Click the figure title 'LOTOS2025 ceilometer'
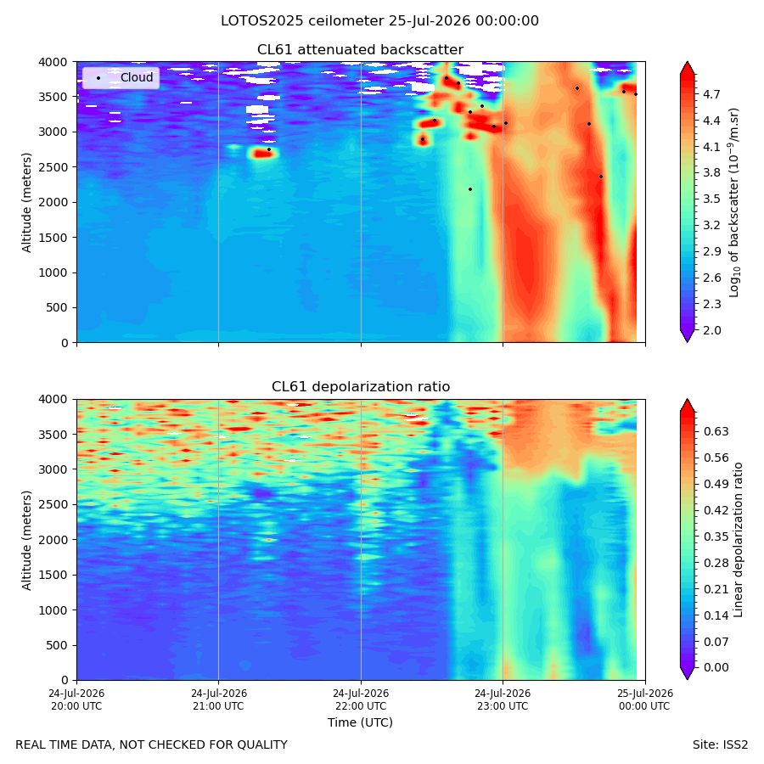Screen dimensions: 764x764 pyautogui.click(x=302, y=21)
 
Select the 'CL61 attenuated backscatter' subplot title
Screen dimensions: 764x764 pyautogui.click(x=360, y=50)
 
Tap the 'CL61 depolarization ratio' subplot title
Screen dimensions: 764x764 pyautogui.click(x=361, y=386)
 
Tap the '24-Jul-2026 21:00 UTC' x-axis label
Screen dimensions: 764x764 pyautogui.click(x=219, y=699)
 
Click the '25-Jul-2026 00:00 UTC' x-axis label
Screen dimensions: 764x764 pyautogui.click(x=646, y=699)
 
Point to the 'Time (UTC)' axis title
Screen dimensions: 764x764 pyautogui.click(x=360, y=722)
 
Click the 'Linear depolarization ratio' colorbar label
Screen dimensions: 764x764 pyautogui.click(x=738, y=540)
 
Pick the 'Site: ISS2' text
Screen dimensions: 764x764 pyautogui.click(x=720, y=744)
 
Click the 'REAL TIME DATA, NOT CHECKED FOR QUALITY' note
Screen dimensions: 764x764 pyautogui.click(x=152, y=744)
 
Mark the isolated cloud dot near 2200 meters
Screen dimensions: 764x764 pyautogui.click(x=470, y=189)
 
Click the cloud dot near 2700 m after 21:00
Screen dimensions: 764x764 pyautogui.click(x=269, y=149)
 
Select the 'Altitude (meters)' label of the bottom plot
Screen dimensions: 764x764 pyautogui.click(x=26, y=541)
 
